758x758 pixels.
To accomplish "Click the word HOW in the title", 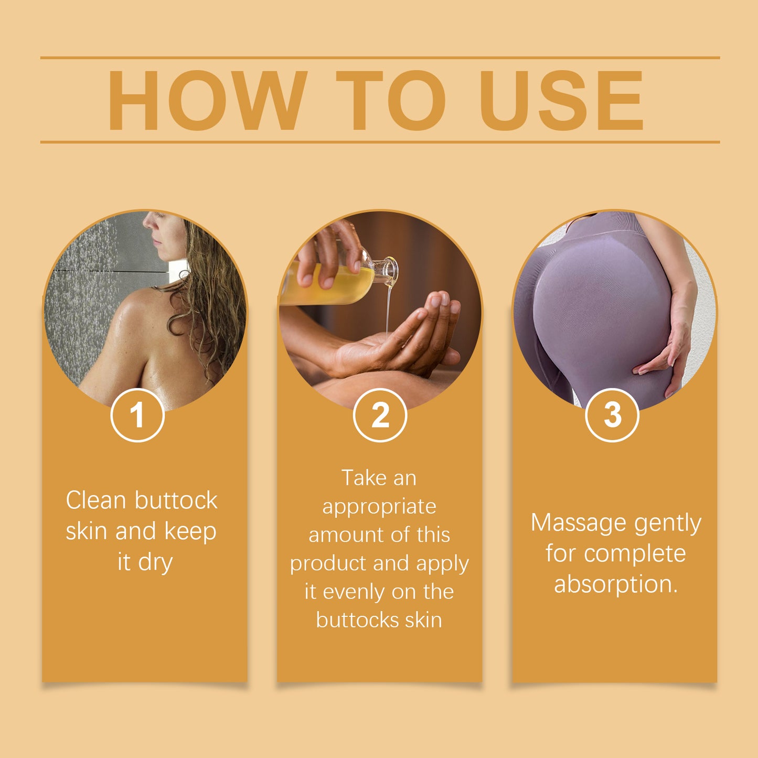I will (207, 100).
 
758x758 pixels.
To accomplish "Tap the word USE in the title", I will (561, 100).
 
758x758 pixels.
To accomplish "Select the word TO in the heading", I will (391, 100).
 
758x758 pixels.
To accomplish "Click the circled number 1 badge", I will (137, 415).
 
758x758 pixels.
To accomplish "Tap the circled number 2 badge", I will (380, 415).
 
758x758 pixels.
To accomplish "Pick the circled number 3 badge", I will (612, 415).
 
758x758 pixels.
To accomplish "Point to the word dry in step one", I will (155, 562).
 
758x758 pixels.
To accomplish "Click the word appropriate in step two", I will (379, 507).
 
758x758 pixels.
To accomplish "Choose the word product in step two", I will (328, 563).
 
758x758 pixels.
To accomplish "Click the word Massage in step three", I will (579, 523).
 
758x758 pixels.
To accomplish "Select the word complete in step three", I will (635, 554).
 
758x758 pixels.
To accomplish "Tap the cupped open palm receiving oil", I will (378, 351).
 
